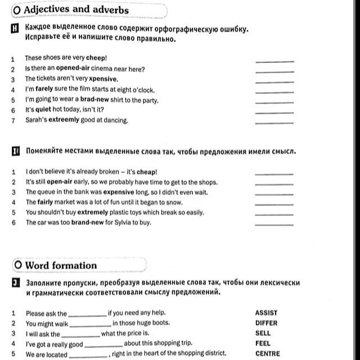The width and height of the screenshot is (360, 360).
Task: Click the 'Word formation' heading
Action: (x=61, y=265)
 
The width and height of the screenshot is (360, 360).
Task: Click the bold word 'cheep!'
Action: (x=96, y=58)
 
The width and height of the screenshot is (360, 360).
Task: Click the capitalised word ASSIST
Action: (x=266, y=313)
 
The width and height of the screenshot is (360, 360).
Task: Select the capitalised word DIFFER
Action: (x=267, y=323)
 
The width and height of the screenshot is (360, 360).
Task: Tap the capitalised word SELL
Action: (x=263, y=334)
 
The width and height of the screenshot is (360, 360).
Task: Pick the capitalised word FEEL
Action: (x=263, y=344)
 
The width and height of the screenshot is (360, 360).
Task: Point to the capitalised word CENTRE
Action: (x=268, y=354)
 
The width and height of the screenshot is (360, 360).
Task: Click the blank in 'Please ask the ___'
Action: (x=87, y=314)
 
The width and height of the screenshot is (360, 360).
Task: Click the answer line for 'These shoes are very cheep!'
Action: (x=274, y=60)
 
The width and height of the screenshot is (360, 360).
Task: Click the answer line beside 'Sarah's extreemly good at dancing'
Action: (x=274, y=122)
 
